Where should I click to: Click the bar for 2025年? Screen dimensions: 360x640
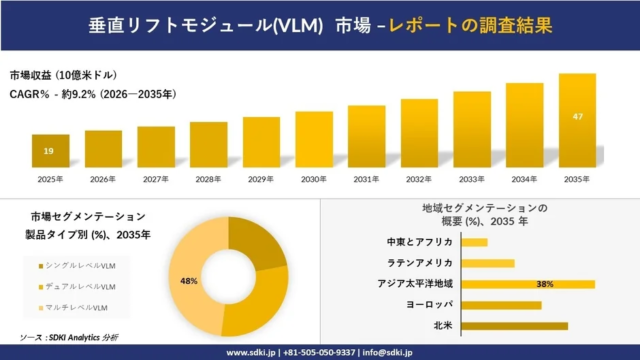point(50,151)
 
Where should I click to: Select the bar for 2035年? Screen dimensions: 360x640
point(577,121)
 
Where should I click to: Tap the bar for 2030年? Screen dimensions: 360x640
point(314,139)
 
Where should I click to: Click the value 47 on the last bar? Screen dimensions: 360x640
point(577,117)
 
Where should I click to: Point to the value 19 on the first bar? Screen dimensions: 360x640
point(49,151)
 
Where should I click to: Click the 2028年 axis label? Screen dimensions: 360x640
point(208,179)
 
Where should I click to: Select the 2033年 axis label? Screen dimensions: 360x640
point(471,179)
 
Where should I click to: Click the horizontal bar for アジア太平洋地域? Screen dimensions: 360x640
point(530,284)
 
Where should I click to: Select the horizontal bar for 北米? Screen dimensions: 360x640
point(516,326)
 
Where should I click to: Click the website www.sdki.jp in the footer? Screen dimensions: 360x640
point(253,352)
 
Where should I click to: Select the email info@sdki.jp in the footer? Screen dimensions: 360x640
point(384,352)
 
